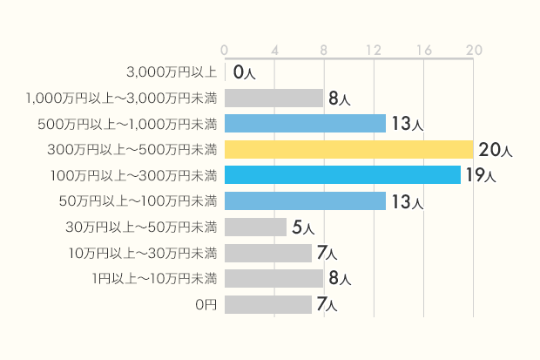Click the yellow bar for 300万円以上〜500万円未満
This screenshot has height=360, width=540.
pos(348,149)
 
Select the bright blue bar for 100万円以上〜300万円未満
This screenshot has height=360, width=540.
pos(342,175)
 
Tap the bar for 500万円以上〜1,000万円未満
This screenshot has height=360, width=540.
pos(305,124)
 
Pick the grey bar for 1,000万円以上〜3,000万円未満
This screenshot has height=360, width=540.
pos(273,98)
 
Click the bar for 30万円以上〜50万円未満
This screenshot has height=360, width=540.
pos(255,228)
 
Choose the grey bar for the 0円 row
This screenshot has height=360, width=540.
pos(267,305)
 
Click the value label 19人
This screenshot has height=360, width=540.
pos(480,175)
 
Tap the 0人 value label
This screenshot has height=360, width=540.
pos(244,73)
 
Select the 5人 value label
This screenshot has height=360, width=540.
pos(302,228)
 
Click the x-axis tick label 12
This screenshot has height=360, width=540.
pos(375,50)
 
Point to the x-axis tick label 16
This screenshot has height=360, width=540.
pos(424,50)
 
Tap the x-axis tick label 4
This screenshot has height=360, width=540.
pos(274,50)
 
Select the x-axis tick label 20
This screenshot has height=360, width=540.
pos(474,50)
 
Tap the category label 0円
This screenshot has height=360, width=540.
pos(206,305)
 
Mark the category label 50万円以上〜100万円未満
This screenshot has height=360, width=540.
pos(138,201)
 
